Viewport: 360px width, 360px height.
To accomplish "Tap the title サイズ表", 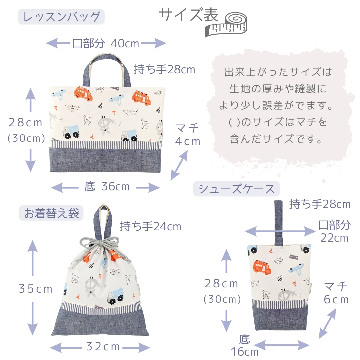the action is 188,15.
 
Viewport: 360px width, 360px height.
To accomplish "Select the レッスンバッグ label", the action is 61,17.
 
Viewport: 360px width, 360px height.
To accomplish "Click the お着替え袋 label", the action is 51,213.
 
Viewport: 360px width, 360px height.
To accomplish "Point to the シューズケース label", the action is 237,189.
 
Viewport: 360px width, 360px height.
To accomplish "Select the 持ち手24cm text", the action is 150,226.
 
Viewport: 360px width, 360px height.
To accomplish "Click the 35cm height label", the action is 36,289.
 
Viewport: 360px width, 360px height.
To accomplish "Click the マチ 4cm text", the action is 188,134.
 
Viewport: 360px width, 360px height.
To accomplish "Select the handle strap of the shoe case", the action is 278,222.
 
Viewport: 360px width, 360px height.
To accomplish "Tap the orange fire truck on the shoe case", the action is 262,266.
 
